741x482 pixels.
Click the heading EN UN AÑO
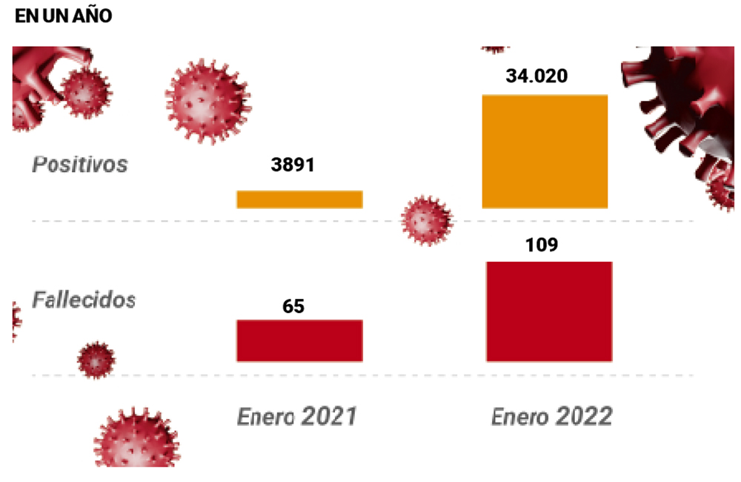click(63, 16)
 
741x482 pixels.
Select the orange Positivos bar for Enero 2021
click(299, 199)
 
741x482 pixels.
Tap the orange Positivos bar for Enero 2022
click(545, 151)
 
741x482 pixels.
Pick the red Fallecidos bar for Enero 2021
click(299, 340)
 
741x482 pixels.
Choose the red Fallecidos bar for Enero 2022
click(549, 311)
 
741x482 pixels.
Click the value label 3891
click(293, 165)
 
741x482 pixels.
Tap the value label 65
click(293, 305)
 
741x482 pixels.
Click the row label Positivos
click(80, 163)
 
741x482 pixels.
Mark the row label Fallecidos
click(84, 300)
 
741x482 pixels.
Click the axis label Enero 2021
click(297, 416)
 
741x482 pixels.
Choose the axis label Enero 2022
click(552, 416)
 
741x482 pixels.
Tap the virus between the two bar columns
click(426, 220)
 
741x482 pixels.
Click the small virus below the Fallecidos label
click(96, 360)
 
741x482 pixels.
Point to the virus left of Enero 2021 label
click(137, 439)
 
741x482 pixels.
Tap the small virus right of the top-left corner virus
click(85, 93)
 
